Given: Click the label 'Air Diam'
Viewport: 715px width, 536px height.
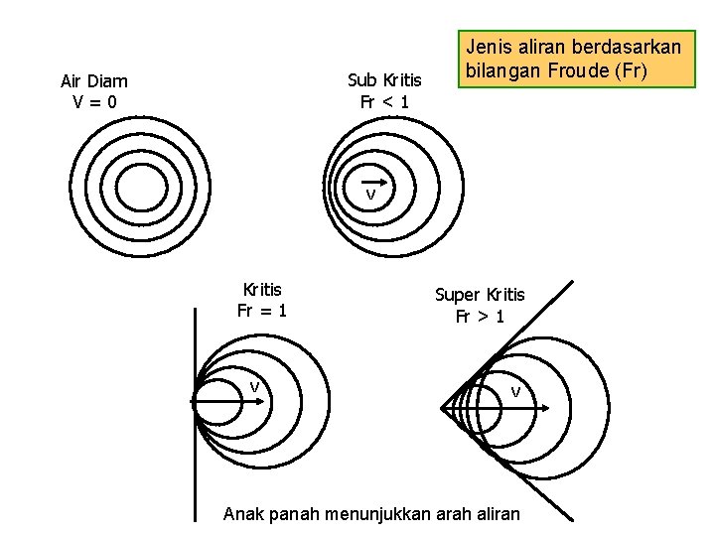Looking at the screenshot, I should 94,81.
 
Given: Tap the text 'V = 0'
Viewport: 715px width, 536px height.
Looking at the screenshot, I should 94,101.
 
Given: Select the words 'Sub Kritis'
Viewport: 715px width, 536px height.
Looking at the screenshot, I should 384,80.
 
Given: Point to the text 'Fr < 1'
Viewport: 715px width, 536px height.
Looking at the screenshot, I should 384,101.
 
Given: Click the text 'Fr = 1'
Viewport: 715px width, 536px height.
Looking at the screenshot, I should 262,310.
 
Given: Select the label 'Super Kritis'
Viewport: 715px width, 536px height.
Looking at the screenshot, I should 480,295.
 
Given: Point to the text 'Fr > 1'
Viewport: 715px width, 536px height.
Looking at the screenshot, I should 480,317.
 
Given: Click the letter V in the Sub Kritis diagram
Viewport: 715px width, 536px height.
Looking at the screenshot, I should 369,196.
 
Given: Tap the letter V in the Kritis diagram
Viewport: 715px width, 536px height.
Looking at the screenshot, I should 255,387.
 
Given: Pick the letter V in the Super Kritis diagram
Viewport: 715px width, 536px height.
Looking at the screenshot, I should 515,392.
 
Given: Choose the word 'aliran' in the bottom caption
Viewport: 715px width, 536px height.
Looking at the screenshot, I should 496,513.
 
